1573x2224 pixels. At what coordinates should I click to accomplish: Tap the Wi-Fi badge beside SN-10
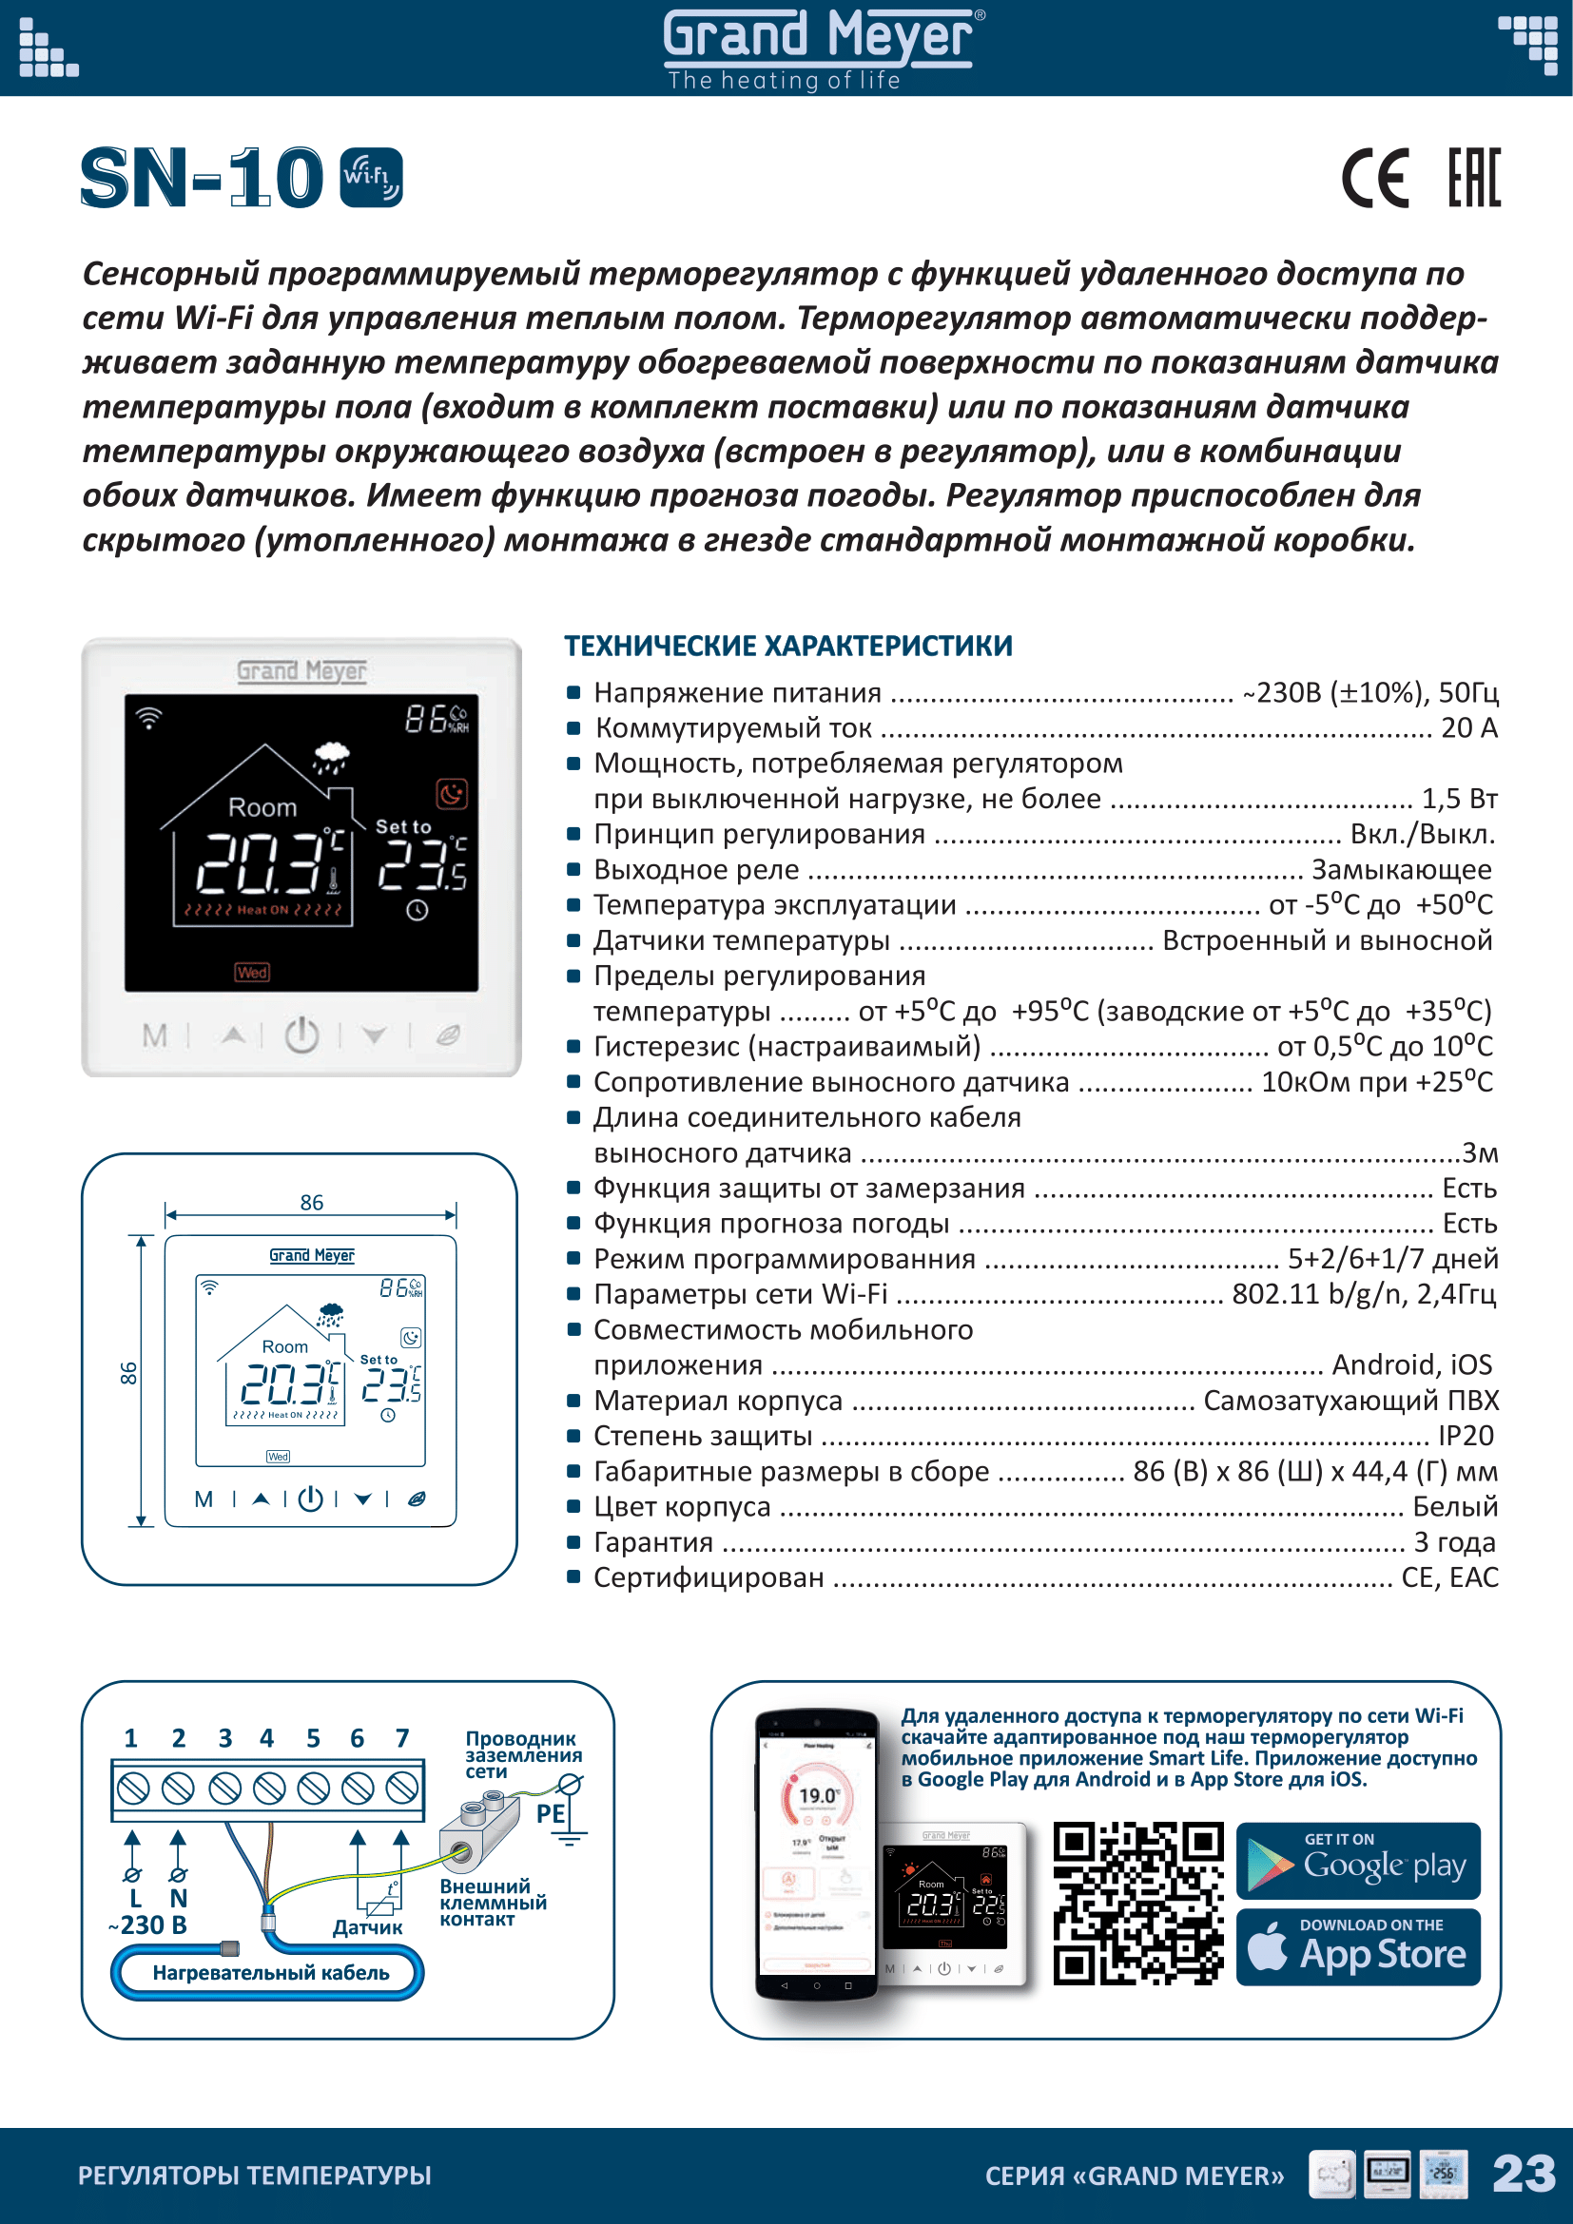(372, 177)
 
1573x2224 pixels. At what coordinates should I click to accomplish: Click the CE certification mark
(1374, 178)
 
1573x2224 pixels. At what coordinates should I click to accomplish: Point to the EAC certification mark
(1474, 178)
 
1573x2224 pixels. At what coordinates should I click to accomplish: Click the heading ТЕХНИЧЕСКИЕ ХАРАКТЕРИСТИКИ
(788, 646)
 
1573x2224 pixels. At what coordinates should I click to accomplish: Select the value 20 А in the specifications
(1468, 727)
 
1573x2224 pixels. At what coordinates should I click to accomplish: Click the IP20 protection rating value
(1466, 1436)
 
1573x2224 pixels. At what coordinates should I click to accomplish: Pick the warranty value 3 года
(1454, 1541)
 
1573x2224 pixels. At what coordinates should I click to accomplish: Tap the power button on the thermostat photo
(301, 1035)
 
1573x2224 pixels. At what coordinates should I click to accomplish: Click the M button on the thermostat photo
(155, 1036)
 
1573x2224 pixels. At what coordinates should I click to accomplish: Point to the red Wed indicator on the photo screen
(252, 973)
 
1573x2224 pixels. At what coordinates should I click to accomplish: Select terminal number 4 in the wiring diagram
(267, 1739)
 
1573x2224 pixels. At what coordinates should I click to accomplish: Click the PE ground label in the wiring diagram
(550, 1813)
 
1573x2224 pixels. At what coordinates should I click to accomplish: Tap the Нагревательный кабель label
(270, 1972)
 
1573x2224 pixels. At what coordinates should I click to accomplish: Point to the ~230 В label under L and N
(148, 1924)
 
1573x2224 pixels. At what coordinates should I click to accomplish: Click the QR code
(1137, 1904)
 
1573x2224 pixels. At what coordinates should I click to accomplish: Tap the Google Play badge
(1358, 1861)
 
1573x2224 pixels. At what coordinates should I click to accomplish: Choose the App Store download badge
(1358, 1948)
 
